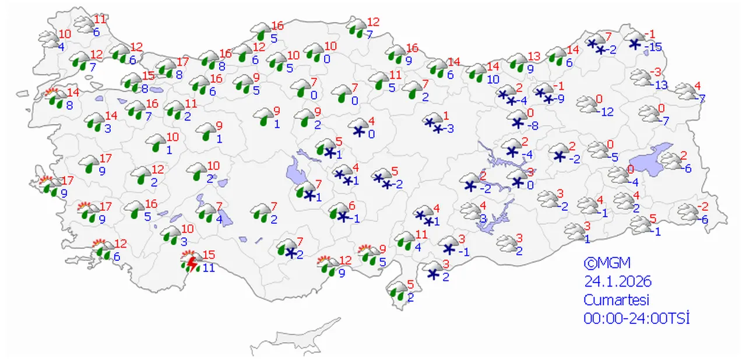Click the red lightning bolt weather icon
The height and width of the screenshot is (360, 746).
(190, 263)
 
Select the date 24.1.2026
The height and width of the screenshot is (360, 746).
(618, 282)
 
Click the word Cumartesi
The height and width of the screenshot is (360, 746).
(617, 300)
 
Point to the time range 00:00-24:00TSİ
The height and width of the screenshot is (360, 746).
(636, 319)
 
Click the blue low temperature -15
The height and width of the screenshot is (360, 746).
(654, 47)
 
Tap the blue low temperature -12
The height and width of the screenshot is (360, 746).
(607, 112)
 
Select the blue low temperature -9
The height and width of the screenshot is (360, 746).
(559, 98)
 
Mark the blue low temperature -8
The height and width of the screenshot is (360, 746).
(533, 124)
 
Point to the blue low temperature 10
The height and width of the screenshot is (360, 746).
(493, 79)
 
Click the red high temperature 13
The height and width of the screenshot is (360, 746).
(534, 57)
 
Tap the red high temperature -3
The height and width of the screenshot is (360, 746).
(656, 72)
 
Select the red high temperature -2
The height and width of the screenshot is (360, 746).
(703, 206)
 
